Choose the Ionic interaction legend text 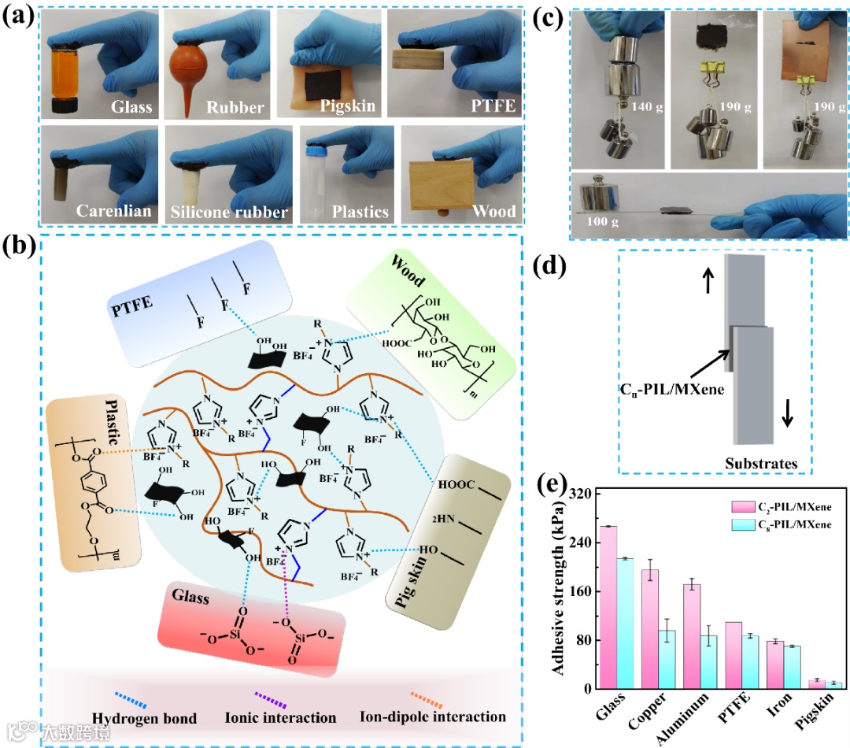[x=290, y=717]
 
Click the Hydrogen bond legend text [x=144, y=717]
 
